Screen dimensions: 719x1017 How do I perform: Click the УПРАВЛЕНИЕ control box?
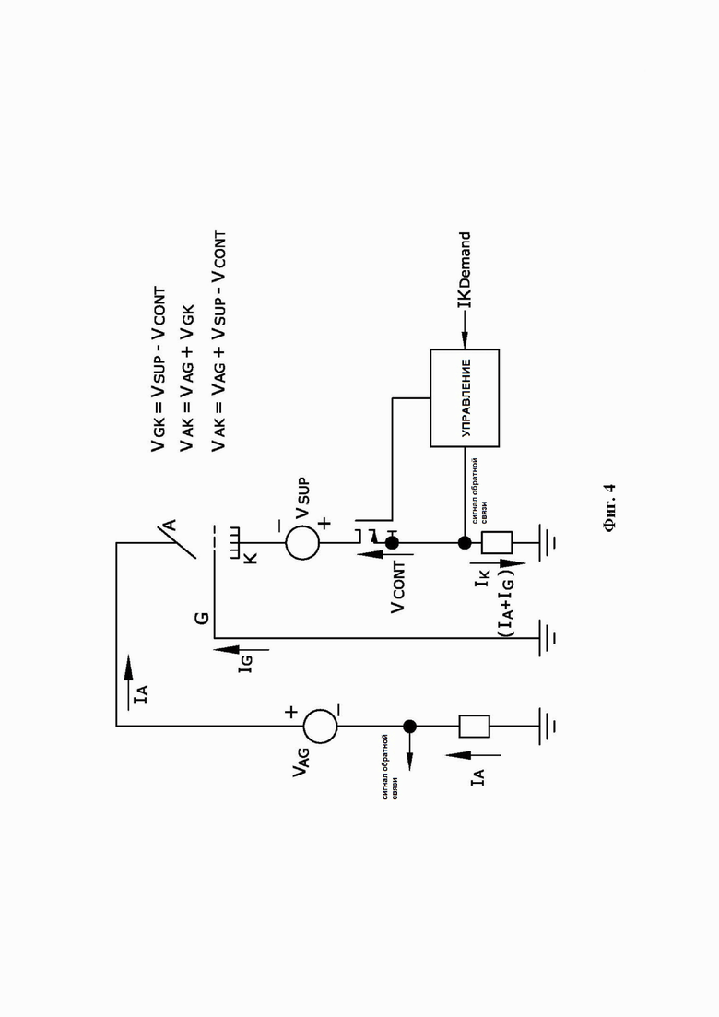click(465, 397)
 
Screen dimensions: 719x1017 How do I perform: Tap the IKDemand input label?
click(465, 271)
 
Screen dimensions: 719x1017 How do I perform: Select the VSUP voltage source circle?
click(302, 543)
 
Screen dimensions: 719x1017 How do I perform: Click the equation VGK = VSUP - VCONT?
click(159, 369)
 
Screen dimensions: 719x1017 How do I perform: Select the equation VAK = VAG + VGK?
click(187, 377)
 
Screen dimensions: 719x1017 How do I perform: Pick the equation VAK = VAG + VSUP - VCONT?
click(218, 340)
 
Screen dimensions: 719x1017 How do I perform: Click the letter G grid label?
click(202, 617)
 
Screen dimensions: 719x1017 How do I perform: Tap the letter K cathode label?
click(252, 557)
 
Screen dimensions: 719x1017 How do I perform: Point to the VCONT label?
click(398, 587)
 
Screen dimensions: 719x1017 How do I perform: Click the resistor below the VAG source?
click(474, 727)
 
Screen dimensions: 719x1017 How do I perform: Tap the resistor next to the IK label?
click(497, 543)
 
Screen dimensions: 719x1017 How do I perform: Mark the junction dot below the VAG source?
click(409, 727)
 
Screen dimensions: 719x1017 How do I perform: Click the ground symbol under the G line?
click(548, 637)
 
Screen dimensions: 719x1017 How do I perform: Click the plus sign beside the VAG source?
click(291, 712)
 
